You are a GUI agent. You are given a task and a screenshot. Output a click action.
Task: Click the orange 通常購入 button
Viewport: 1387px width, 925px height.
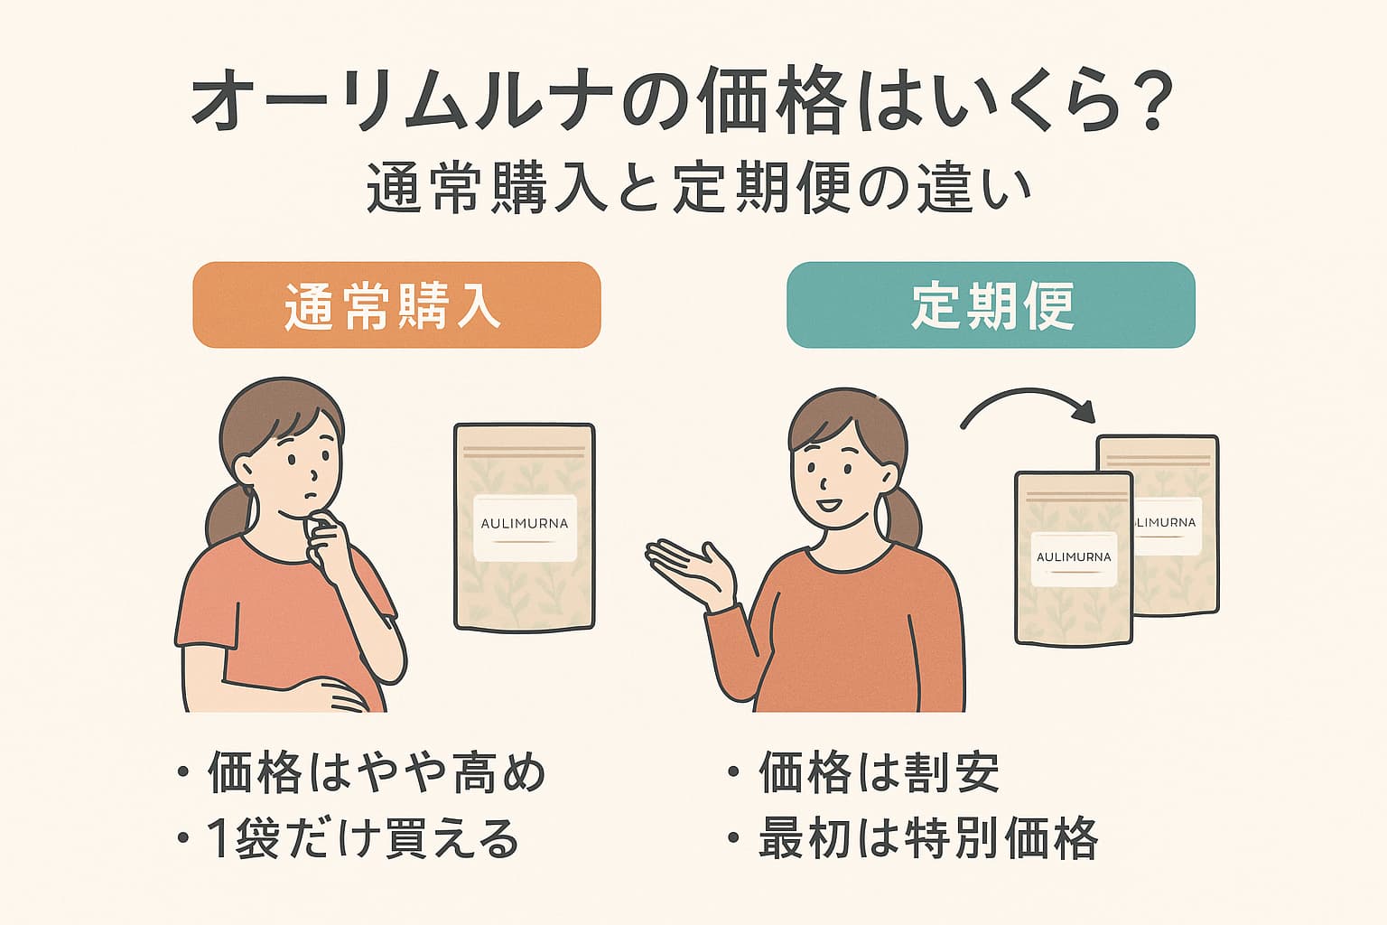(x=397, y=304)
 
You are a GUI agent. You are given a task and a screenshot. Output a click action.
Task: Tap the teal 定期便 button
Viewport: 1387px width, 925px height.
(x=991, y=304)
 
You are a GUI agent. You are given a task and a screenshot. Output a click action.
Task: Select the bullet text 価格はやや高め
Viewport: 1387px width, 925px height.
(x=377, y=772)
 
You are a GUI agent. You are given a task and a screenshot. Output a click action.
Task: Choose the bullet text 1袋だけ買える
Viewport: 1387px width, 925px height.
(x=363, y=838)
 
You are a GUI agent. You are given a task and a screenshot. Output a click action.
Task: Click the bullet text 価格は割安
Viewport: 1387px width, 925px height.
(x=880, y=772)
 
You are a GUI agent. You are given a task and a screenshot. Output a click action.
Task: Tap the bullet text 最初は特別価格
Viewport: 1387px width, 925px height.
(x=928, y=838)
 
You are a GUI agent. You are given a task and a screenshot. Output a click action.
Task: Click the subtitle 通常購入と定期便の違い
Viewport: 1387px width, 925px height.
(x=698, y=189)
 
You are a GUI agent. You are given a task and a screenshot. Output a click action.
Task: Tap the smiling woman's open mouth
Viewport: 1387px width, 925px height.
(x=829, y=505)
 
